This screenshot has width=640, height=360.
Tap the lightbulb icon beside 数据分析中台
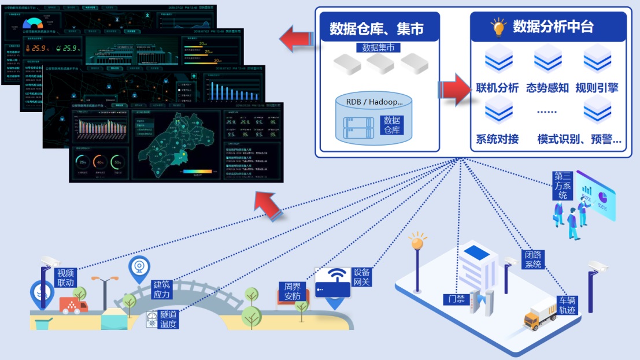coord(498,27)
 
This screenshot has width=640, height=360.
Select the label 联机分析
coord(497,88)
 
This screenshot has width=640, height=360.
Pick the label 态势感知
coord(547,88)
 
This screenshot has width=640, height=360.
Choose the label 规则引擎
coord(597,88)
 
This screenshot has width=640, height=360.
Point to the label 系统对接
coord(497,139)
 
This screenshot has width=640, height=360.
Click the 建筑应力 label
coord(162,290)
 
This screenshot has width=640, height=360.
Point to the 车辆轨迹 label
coord(567,305)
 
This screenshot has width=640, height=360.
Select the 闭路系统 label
coord(532,259)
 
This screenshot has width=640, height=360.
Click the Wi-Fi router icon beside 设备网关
coord(332,283)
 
